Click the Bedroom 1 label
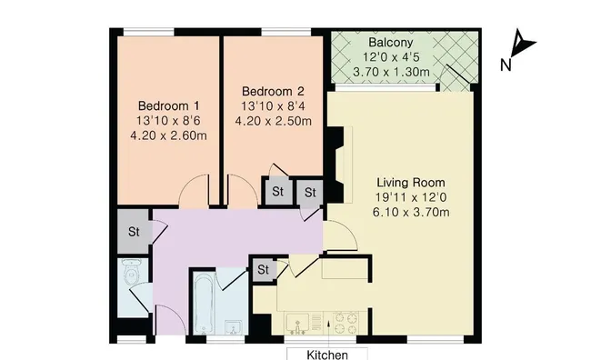(x=168, y=105)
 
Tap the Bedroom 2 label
(x=273, y=91)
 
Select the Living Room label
(x=411, y=183)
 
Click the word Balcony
(x=391, y=42)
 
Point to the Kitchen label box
(x=327, y=354)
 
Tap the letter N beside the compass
(x=506, y=65)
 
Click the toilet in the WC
(x=132, y=272)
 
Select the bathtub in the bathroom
(x=202, y=304)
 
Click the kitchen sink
(x=297, y=324)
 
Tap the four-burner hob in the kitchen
(x=346, y=324)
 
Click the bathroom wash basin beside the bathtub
(x=233, y=328)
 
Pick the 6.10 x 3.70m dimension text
(x=411, y=212)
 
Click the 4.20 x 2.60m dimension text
(x=168, y=135)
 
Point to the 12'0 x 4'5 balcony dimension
(x=391, y=57)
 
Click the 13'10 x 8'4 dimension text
(x=273, y=106)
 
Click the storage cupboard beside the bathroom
(x=263, y=269)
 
